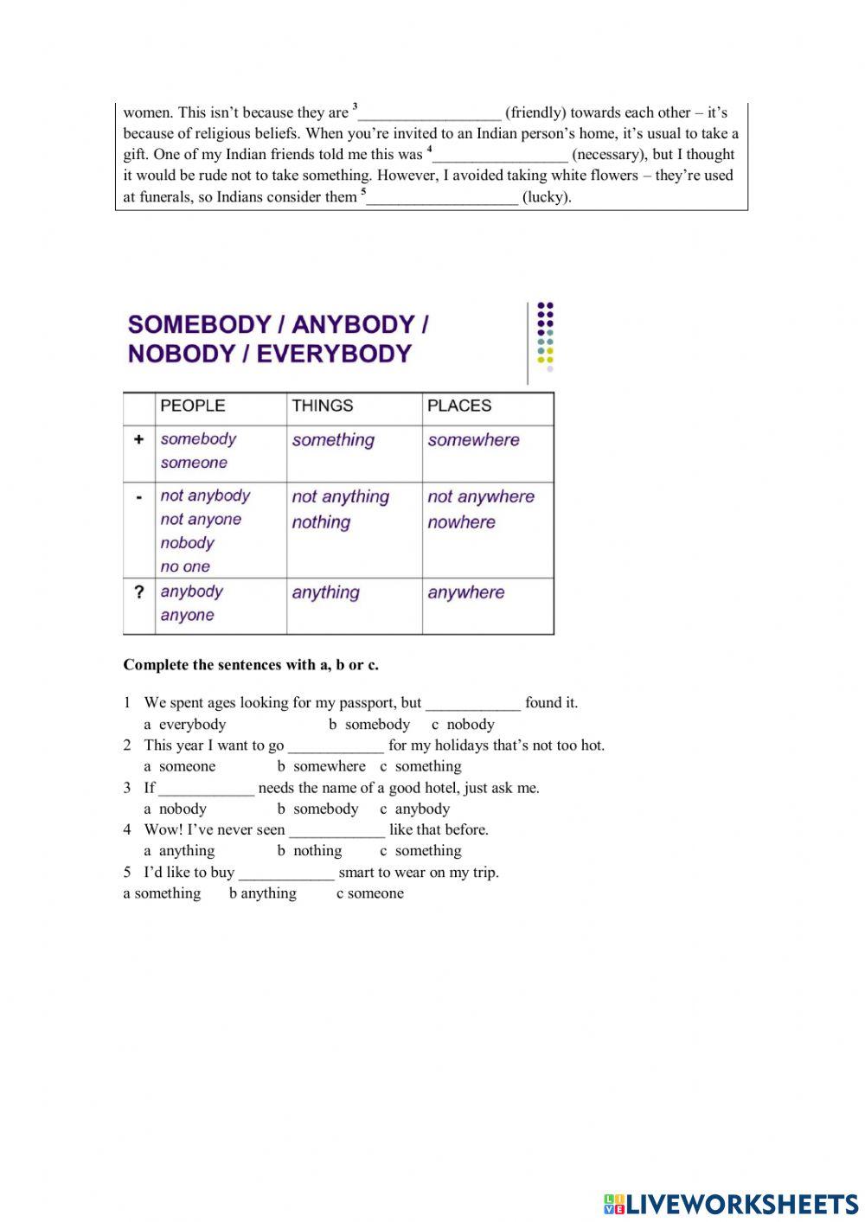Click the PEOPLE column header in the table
click(x=192, y=406)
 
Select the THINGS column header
click(x=323, y=406)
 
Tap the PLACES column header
click(x=459, y=406)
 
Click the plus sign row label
click(x=138, y=439)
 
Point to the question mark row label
click(x=138, y=592)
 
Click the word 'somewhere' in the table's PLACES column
click(x=473, y=440)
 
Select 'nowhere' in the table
click(x=461, y=522)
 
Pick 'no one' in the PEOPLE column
click(x=185, y=567)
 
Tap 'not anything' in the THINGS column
click(x=341, y=497)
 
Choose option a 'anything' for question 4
click(x=179, y=851)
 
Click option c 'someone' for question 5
click(x=370, y=893)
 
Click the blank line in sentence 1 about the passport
click(x=473, y=704)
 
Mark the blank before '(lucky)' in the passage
click(x=442, y=198)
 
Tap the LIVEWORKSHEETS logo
click(x=731, y=1204)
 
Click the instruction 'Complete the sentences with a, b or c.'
click(x=251, y=665)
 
